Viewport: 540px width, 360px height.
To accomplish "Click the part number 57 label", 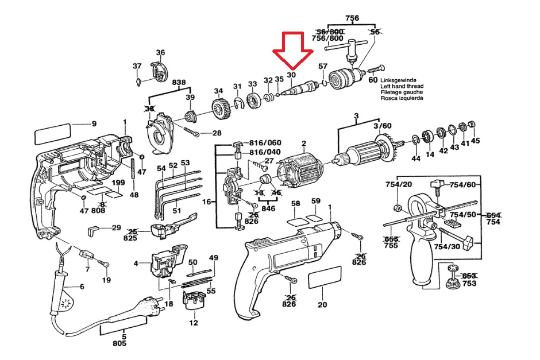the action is (x=323, y=66).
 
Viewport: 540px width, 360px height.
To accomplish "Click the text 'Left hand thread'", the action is (x=402, y=86).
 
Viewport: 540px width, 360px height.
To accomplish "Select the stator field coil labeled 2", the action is (x=299, y=174).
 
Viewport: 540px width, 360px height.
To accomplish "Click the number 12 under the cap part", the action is (x=194, y=323).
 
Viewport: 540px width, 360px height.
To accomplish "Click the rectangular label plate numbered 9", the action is (x=53, y=134).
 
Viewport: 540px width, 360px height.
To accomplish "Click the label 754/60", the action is (x=463, y=185).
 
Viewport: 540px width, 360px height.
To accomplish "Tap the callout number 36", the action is (x=160, y=52).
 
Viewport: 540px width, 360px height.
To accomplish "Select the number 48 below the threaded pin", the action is (x=134, y=195).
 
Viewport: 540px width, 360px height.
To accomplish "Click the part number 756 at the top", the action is (x=352, y=18).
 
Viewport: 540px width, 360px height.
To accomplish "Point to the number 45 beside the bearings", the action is (x=475, y=141).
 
